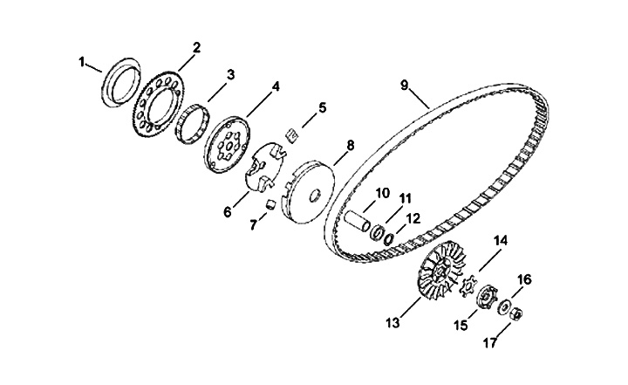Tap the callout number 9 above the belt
coord(405,85)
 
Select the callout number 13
coord(392,322)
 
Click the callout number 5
coord(322,107)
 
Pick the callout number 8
coord(351,145)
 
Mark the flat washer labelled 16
coord(503,306)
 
